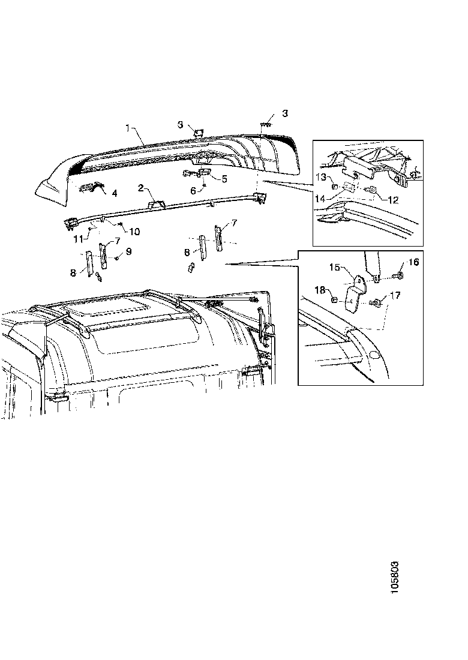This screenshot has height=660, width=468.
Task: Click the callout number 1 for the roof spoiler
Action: pyautogui.click(x=128, y=128)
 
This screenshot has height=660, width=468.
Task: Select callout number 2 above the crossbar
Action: pyautogui.click(x=140, y=188)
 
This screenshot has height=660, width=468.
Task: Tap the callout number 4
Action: pyautogui.click(x=114, y=193)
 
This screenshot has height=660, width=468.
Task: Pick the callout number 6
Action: pyautogui.click(x=193, y=190)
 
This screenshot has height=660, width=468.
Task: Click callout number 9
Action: pyautogui.click(x=128, y=251)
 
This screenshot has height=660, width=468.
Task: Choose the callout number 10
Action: pyautogui.click(x=135, y=231)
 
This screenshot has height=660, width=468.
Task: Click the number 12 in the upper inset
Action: pyautogui.click(x=392, y=200)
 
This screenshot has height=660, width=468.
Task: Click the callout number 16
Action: pyautogui.click(x=414, y=262)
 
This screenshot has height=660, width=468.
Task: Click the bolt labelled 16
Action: pyautogui.click(x=397, y=277)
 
